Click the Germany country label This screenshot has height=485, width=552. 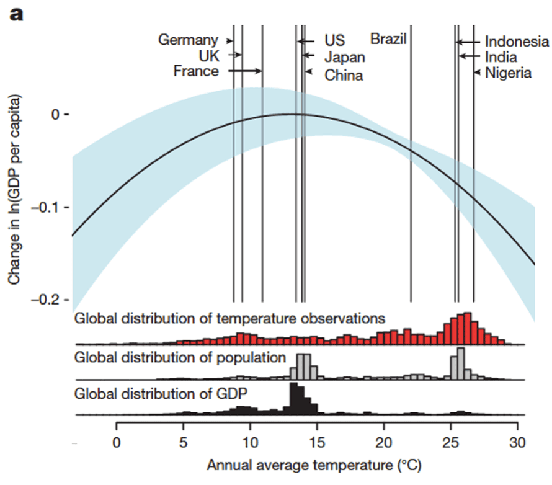coord(188,40)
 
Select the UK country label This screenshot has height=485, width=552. coord(210,56)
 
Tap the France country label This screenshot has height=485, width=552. coord(196,71)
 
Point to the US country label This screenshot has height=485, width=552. coord(334,40)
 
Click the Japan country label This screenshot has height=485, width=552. coord(345,57)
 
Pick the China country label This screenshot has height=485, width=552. coord(344,75)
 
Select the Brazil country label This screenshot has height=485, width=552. coord(388,39)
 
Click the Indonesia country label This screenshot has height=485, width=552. coord(517,42)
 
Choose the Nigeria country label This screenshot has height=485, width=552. coord(508,73)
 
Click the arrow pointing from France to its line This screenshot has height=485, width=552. coord(246,71)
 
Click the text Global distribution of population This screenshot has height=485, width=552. coord(180,357)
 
